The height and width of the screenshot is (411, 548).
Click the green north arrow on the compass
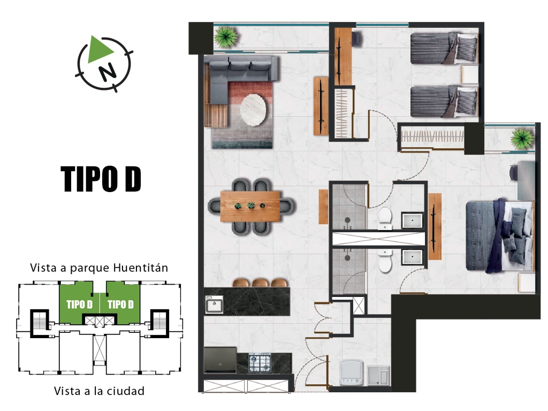tap(99, 50)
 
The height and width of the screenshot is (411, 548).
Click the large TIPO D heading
tap(101, 179)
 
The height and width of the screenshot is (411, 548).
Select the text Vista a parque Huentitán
tap(99, 268)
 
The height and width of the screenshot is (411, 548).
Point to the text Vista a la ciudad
tap(99, 391)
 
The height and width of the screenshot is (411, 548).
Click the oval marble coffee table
tap(253, 110)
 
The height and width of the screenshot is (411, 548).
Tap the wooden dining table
tap(250, 206)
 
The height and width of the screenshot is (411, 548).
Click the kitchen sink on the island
tap(214, 305)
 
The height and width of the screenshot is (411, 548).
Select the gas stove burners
tap(260, 362)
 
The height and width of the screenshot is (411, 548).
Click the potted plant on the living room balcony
tap(226, 37)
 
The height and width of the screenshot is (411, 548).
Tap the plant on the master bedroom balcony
tap(522, 139)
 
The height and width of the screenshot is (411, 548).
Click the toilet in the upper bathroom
tap(385, 218)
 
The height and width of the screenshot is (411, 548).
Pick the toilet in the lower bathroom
tap(385, 261)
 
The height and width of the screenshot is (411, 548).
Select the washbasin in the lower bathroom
tap(413, 257)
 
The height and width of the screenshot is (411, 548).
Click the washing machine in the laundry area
tap(352, 372)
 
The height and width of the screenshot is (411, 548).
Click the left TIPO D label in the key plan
tap(80, 305)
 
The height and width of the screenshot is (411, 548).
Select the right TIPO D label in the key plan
tap(120, 305)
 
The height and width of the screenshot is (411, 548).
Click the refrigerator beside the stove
tap(220, 360)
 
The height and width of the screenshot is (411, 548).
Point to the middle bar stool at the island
tap(260, 283)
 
